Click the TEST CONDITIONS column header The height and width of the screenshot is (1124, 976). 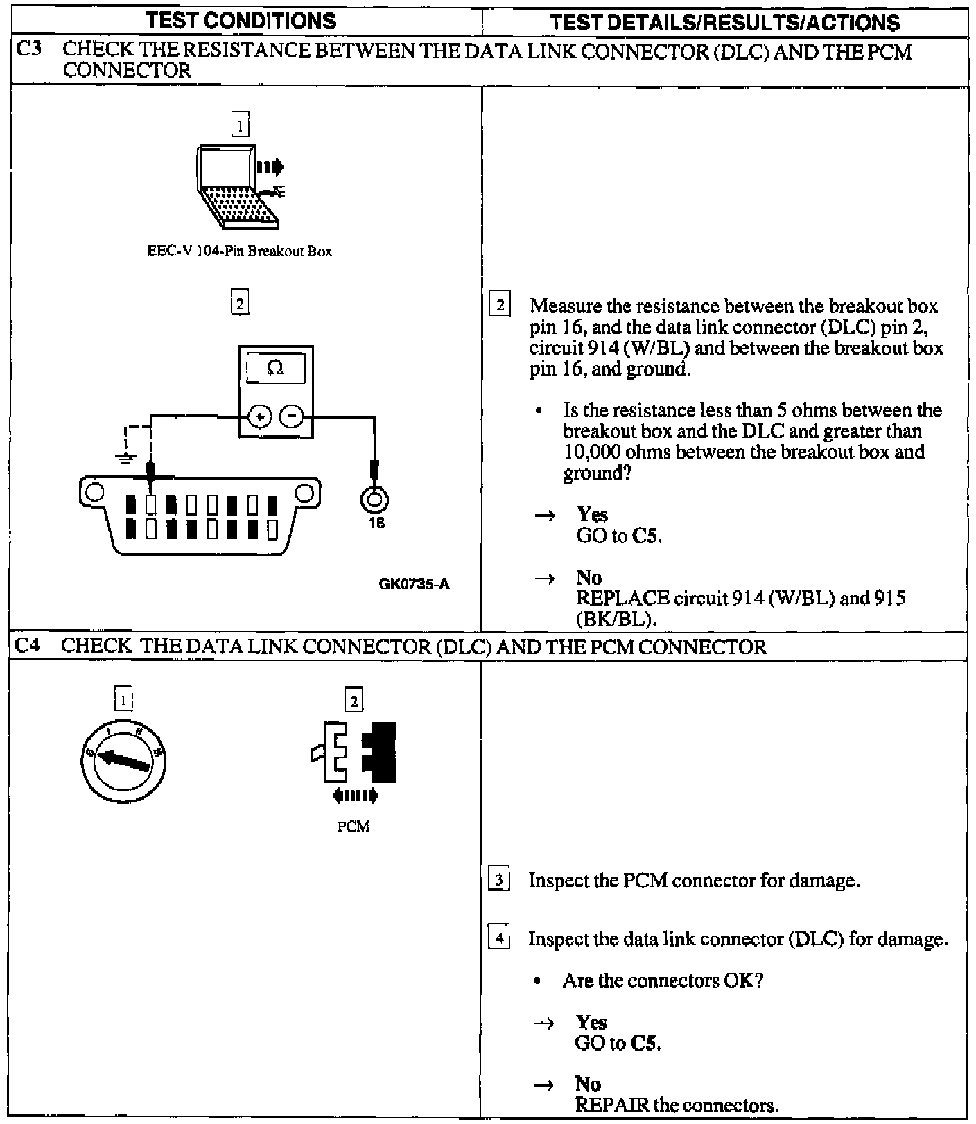click(241, 21)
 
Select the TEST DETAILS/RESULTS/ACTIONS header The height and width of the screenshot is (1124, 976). click(724, 22)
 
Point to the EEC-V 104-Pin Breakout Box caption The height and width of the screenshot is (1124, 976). click(239, 252)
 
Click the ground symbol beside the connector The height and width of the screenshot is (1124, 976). click(125, 457)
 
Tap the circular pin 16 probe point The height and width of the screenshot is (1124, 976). click(375, 498)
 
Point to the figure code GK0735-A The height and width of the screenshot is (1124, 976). click(415, 584)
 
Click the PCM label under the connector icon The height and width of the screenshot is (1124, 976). click(354, 827)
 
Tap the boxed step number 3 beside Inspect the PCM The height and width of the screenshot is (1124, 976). click(499, 881)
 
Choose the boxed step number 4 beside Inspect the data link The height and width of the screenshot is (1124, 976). click(499, 940)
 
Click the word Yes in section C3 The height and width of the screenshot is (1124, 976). click(592, 515)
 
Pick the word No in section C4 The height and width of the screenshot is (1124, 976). click(588, 1084)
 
